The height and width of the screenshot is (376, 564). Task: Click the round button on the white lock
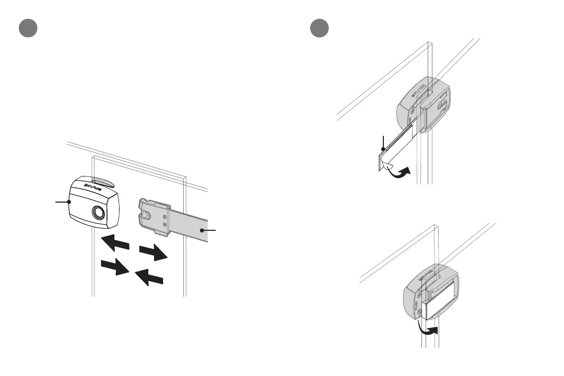pos(98,213)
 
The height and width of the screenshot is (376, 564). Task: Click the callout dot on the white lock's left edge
pos(69,201)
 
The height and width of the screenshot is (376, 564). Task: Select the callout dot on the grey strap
pos(203,230)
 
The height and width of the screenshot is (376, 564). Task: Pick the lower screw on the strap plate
pos(165,225)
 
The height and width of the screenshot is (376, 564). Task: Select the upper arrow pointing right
pos(154,253)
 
